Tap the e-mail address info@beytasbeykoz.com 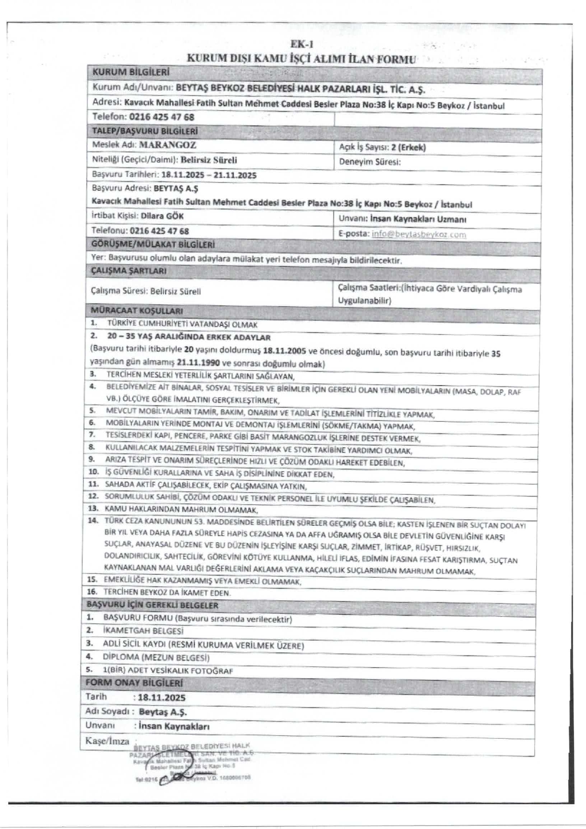pyautogui.click(x=418, y=234)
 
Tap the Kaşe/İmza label pyautogui.click(x=107, y=741)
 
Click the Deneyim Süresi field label pyautogui.click(x=370, y=162)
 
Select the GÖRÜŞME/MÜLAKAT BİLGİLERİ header pyautogui.click(x=153, y=245)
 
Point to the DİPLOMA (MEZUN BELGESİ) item pyautogui.click(x=156, y=657)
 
